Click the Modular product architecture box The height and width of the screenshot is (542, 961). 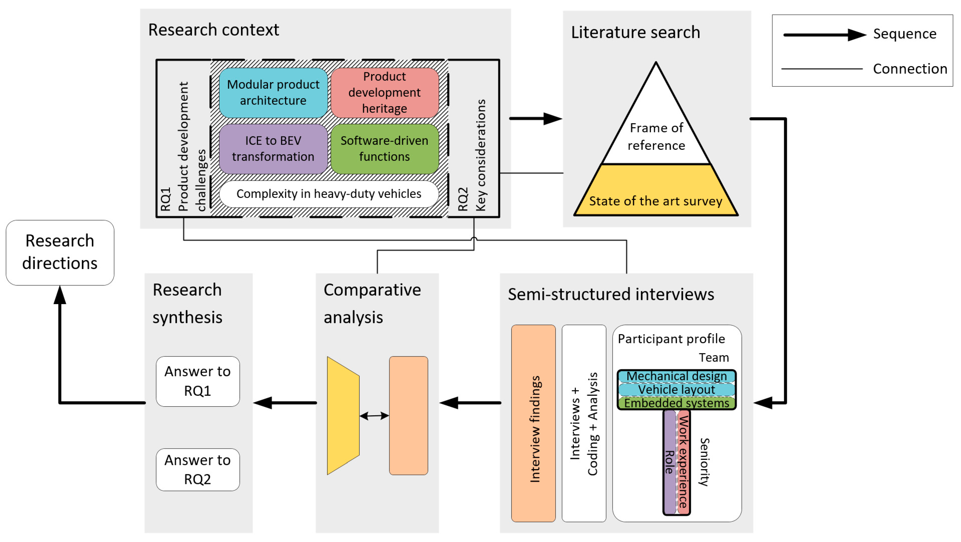pos(273,93)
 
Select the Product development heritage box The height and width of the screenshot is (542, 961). pos(385,93)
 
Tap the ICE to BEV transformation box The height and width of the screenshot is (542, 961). pos(273,149)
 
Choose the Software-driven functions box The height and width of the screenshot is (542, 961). pos(385,149)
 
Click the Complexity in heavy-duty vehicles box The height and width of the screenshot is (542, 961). pos(329,194)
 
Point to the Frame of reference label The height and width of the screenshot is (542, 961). pos(656,137)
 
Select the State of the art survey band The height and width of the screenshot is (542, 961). pos(656,201)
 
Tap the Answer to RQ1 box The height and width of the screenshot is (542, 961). pos(198,381)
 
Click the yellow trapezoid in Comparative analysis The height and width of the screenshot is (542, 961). pos(343,416)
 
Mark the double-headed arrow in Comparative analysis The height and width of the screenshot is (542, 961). pos(374,416)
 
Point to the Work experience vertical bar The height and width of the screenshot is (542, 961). pos(683,462)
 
